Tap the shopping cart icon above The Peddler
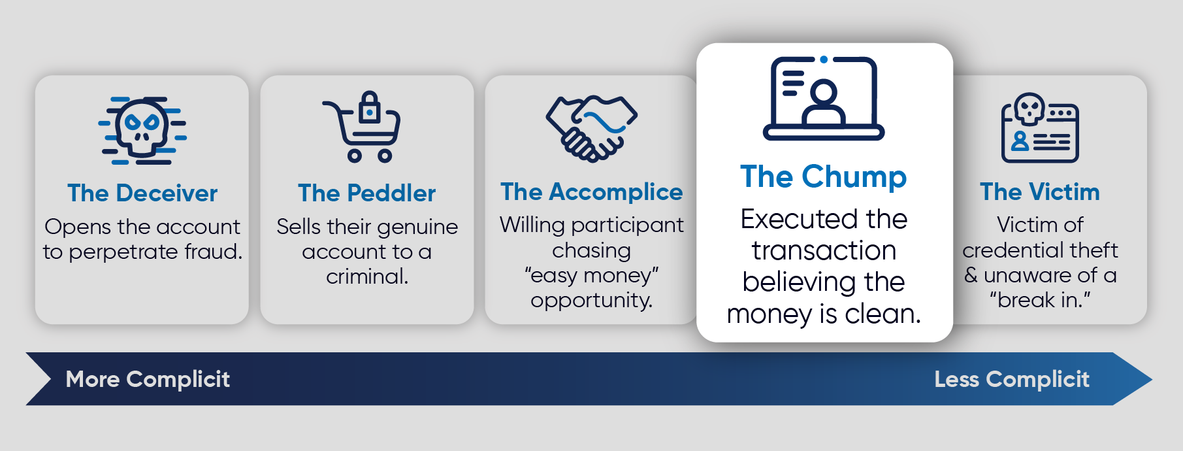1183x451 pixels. pos(363,127)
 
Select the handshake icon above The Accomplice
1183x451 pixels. pos(591,128)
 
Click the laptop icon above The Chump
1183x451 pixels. pos(824,98)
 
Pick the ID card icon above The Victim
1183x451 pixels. pos(1040,127)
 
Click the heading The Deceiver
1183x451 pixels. pos(142,193)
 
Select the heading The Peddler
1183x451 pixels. pos(366,193)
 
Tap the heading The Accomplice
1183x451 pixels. pos(591,192)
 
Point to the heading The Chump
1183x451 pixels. pos(823,176)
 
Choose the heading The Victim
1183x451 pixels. pos(1040,192)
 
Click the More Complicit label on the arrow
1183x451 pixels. pos(148,379)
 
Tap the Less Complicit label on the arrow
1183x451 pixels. pos(1011,379)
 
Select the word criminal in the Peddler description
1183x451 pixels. pos(367,276)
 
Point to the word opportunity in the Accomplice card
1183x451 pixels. pos(591,301)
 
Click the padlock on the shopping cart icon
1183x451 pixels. pos(370,109)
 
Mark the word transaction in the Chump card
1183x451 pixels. pos(824,251)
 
